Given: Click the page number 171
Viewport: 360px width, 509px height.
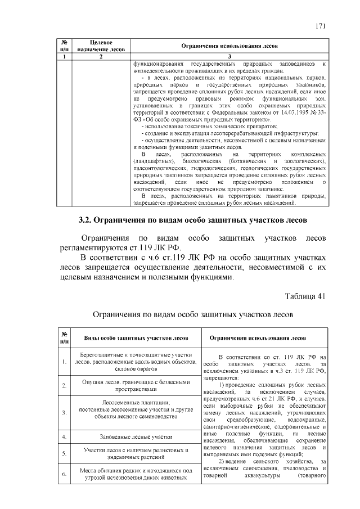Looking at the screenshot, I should [x=321, y=26].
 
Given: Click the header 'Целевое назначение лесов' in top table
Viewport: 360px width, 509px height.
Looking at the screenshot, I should [x=100, y=46].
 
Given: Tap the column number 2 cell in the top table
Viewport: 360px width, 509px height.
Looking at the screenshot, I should [x=100, y=57].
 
